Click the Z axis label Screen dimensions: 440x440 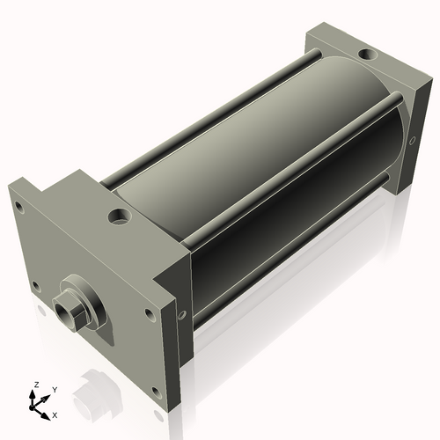pos(35,385)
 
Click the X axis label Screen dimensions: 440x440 pos(55,413)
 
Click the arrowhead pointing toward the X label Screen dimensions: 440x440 pos(48,411)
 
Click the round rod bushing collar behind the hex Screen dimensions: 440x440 pos(84,302)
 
